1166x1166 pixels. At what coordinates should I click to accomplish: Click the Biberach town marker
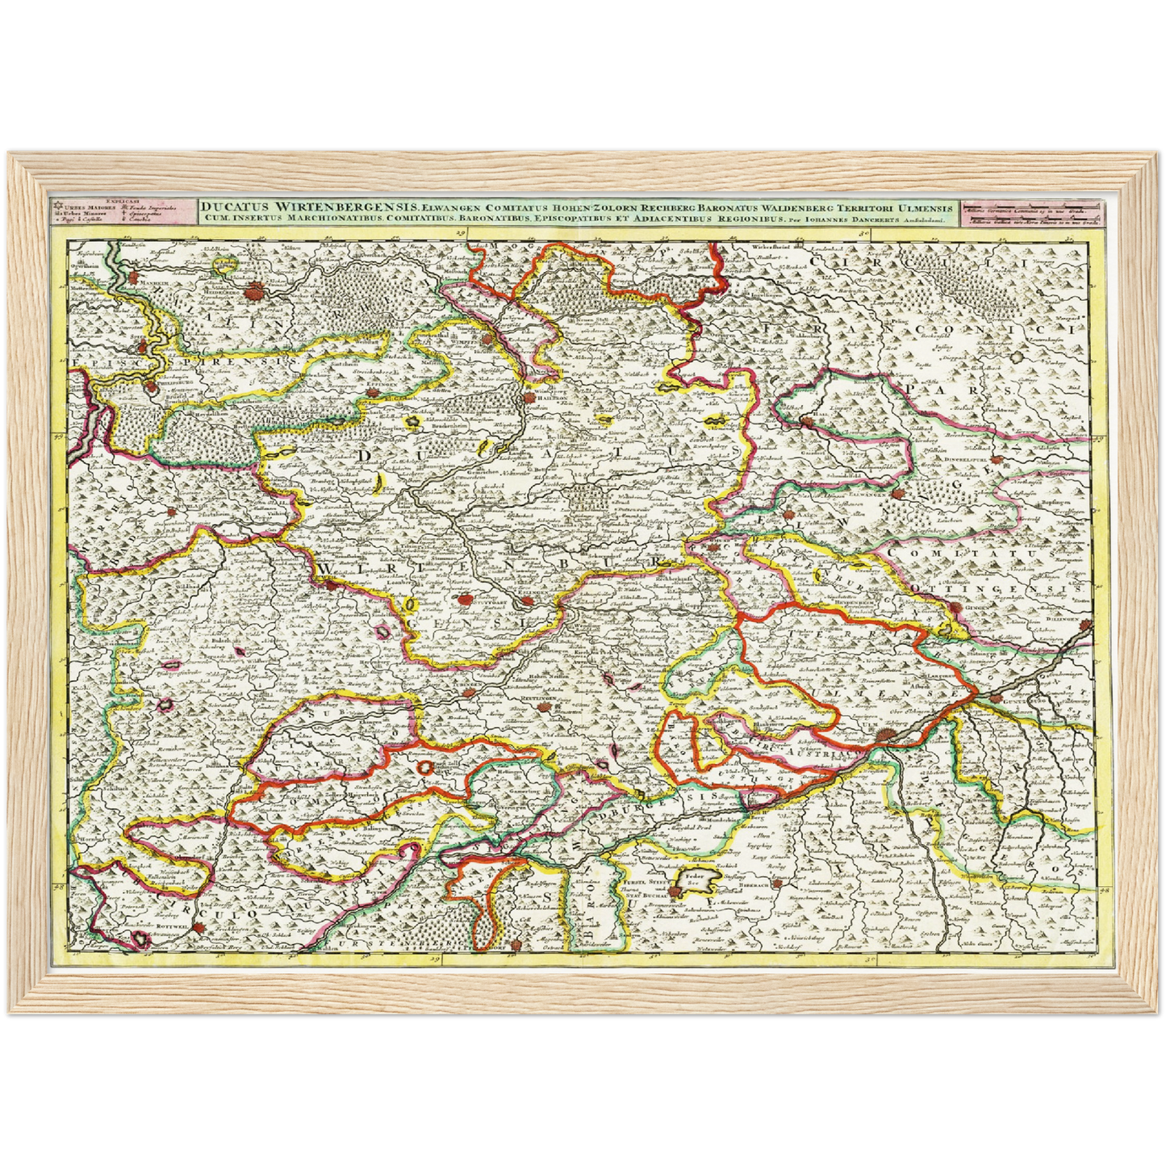point(776,884)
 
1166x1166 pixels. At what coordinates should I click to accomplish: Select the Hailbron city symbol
point(529,398)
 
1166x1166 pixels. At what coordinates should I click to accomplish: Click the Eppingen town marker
point(373,393)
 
